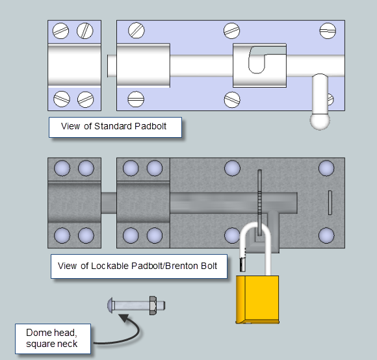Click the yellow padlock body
[257, 298]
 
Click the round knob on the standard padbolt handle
[320, 120]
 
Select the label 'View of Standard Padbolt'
[114, 127]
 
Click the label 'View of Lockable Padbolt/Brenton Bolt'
[138, 266]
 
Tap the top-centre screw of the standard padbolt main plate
[231, 30]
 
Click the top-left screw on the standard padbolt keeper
[61, 31]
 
